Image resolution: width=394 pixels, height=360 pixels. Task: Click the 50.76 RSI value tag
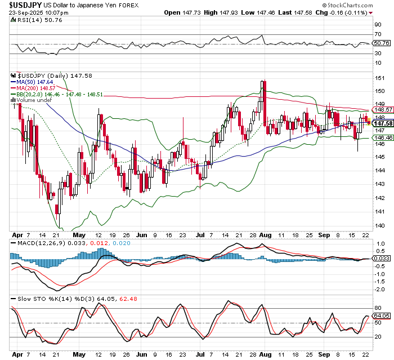[382, 43]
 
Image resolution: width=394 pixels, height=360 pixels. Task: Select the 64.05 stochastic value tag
[382, 316]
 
